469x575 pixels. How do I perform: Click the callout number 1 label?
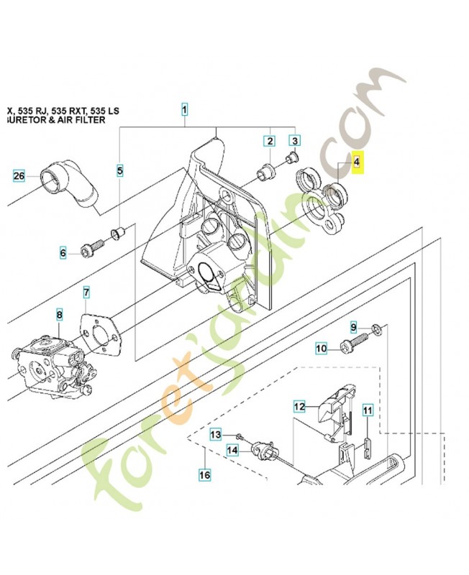tap(185, 110)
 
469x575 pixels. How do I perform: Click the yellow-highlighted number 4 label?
tap(356, 163)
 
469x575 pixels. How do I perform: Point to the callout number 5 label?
tap(120, 171)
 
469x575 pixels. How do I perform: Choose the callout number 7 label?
tap(86, 293)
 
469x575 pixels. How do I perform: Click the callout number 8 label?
tap(60, 315)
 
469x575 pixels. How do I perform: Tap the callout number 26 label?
tap(19, 175)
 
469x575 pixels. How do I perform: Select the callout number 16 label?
tap(204, 474)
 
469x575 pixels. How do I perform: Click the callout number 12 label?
tap(300, 407)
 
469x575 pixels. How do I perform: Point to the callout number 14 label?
tap(232, 451)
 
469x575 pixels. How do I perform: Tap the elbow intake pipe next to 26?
tap(69, 185)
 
